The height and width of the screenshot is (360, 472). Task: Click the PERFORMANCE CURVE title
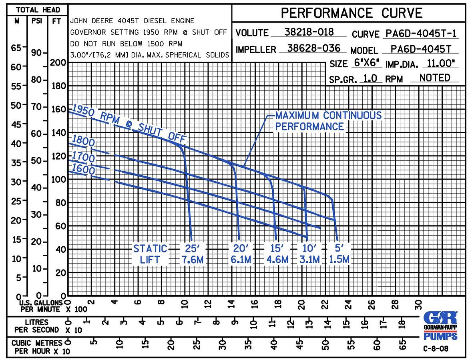pos(351,13)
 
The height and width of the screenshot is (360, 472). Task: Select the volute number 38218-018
pos(309,32)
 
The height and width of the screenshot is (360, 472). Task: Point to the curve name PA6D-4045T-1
pos(420,33)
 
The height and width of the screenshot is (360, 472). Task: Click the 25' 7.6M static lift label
pos(193,254)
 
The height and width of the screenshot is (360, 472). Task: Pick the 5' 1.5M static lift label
pos(339,254)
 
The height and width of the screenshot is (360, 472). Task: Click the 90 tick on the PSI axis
pos(36,53)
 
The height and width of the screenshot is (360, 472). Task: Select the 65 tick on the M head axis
pos(16,48)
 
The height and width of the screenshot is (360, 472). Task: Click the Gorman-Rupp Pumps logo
pos(440,325)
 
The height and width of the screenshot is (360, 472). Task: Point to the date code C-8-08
pos(436,348)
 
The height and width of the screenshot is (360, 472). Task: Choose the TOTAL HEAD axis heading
pos(38,10)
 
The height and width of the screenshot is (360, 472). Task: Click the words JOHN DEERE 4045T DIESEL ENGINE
pos(132,21)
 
